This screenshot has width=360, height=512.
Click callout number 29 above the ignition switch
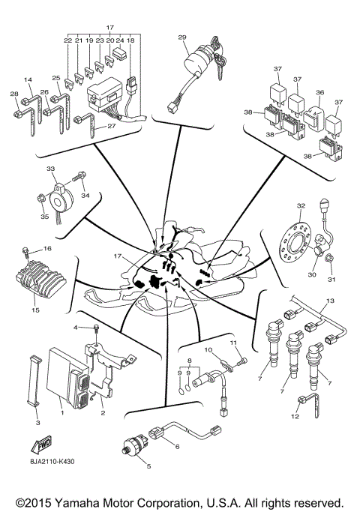[181, 37]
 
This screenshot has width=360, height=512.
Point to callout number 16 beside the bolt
[47, 248]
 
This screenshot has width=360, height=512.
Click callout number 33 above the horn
[50, 169]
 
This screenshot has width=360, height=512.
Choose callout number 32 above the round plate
[301, 205]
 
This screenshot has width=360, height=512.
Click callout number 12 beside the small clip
[295, 416]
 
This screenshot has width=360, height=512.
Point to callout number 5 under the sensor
[148, 466]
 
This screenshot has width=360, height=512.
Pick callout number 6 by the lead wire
[177, 447]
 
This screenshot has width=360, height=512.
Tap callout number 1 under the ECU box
[61, 412]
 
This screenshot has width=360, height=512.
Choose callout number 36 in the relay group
[320, 93]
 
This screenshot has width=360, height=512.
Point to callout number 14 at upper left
[28, 79]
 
